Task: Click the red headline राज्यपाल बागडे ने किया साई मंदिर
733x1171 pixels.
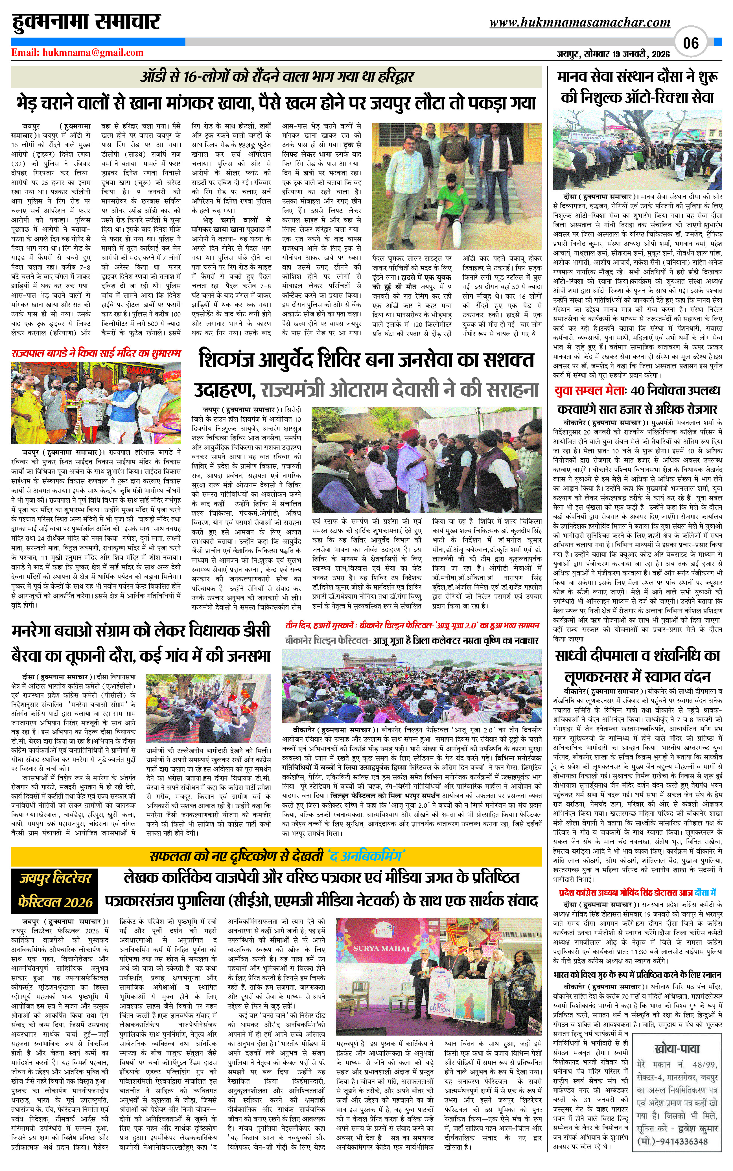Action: pos(96,353)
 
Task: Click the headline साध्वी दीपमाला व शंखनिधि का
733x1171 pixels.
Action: pos(638,656)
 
